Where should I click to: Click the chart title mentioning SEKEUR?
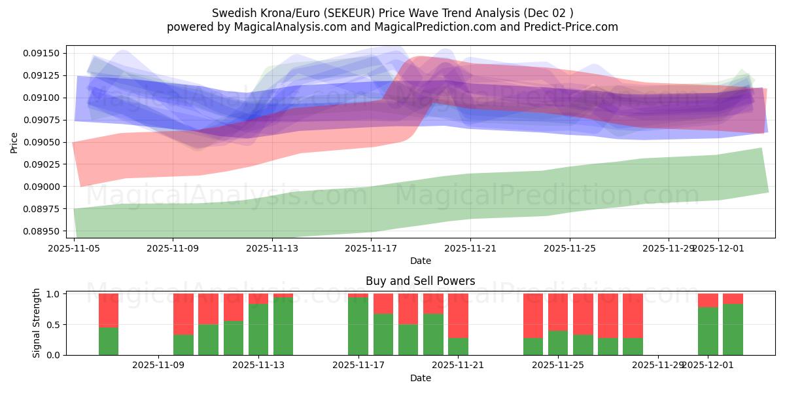[x=392, y=13]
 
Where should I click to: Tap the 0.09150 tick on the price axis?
[x=43, y=53]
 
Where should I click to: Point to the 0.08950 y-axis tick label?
[x=43, y=231]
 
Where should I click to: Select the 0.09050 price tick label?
[x=43, y=142]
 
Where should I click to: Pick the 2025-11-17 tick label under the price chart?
[x=371, y=249]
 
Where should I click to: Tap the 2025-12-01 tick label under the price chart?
[x=718, y=249]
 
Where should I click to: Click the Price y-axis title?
[x=14, y=142]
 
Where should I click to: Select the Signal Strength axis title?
[x=37, y=323]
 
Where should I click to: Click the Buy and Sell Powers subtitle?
[x=420, y=281]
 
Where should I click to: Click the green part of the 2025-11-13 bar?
[x=258, y=329]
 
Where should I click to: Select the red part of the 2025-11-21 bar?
[x=458, y=315]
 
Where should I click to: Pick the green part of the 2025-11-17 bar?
[x=358, y=326]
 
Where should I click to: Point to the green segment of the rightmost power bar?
[x=733, y=329]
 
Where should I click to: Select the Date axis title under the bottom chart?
[x=420, y=378]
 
